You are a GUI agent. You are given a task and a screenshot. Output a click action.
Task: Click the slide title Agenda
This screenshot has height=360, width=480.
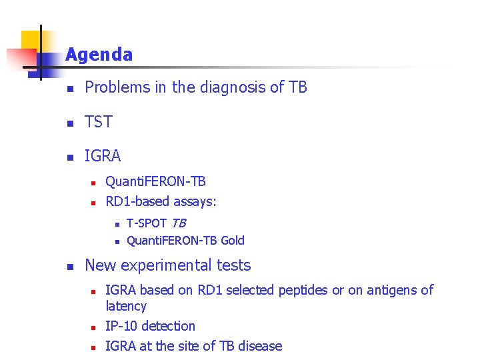click(99, 55)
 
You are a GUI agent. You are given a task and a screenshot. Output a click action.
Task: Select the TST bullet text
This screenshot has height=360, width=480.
click(99, 122)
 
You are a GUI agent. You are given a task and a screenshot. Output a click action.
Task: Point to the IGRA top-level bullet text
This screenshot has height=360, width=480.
click(103, 156)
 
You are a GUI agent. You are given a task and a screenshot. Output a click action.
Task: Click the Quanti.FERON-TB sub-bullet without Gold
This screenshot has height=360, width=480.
click(155, 181)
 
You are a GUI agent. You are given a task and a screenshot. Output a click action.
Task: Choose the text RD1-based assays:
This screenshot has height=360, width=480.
click(161, 201)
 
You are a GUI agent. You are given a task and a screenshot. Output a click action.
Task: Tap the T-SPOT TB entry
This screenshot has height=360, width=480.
click(156, 223)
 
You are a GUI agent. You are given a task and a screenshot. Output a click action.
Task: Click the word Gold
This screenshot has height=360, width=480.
click(233, 241)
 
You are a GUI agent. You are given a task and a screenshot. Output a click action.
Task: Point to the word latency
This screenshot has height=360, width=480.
click(126, 306)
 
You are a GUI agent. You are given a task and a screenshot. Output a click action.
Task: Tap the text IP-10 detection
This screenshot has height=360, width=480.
click(151, 326)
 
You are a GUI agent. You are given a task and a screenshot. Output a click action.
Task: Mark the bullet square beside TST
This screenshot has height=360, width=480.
click(68, 123)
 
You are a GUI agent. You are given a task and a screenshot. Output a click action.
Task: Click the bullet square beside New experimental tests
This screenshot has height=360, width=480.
click(68, 267)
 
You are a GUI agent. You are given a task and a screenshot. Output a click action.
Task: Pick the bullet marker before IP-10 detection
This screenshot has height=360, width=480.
click(95, 327)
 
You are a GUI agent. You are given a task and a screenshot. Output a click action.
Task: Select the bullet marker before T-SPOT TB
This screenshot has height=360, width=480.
click(116, 224)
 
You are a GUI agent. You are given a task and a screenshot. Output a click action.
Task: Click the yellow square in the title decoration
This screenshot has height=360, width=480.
click(31, 40)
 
